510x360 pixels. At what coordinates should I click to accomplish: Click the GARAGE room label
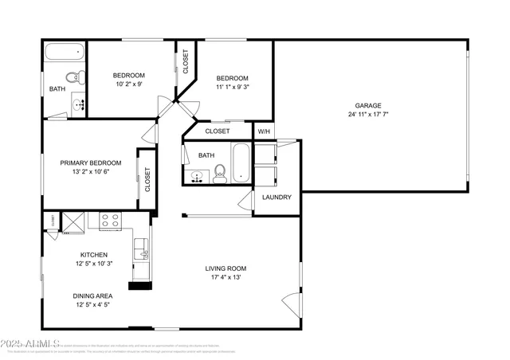368,105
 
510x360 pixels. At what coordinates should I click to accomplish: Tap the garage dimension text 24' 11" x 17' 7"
368,115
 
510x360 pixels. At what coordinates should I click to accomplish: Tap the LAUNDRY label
277,198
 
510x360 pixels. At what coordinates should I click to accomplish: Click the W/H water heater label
264,131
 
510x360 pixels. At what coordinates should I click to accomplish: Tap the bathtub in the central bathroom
241,162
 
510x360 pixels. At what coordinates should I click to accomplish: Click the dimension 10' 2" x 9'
128,83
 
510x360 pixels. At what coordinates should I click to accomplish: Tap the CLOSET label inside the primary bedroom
147,178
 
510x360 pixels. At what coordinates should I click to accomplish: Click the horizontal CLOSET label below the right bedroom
218,131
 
